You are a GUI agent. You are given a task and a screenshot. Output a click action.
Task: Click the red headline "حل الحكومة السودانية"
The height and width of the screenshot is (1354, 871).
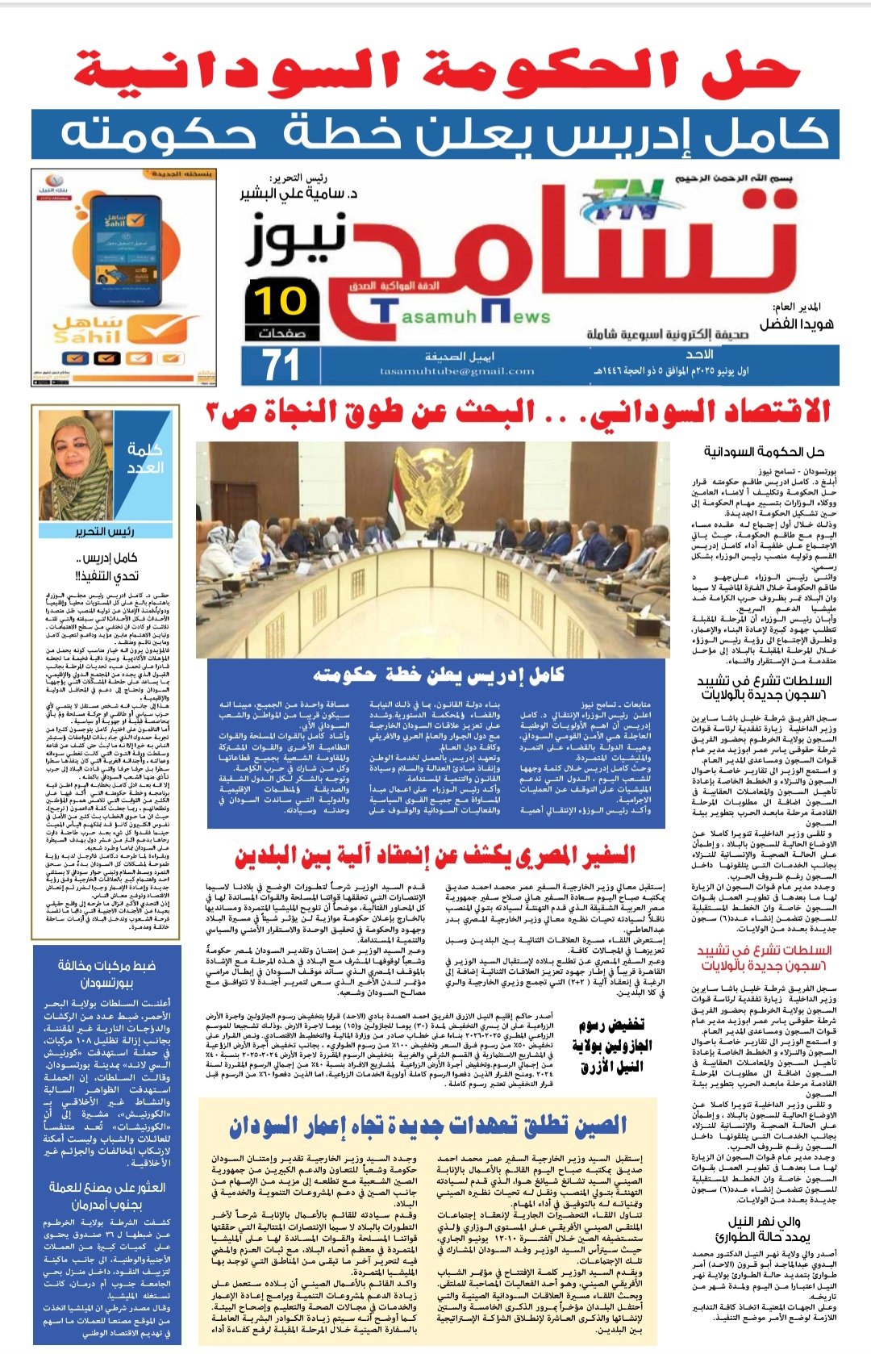tap(435, 71)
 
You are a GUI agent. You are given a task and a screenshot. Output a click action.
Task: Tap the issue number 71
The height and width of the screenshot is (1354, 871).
tap(281, 365)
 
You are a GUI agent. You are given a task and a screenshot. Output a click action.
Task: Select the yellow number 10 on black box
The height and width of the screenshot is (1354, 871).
tap(281, 302)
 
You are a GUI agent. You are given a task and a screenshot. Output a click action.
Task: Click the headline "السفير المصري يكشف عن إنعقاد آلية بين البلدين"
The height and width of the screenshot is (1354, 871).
tap(435, 855)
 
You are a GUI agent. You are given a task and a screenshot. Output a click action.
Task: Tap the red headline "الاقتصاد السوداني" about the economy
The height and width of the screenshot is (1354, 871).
tap(516, 412)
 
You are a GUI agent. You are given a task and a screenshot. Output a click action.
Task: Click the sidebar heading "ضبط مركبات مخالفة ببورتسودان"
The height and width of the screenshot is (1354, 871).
tap(106, 974)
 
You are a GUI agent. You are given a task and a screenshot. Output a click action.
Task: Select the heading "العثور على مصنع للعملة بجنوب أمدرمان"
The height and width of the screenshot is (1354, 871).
tap(106, 1196)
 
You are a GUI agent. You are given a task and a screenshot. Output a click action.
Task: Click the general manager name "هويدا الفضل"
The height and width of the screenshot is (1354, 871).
tap(795, 324)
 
